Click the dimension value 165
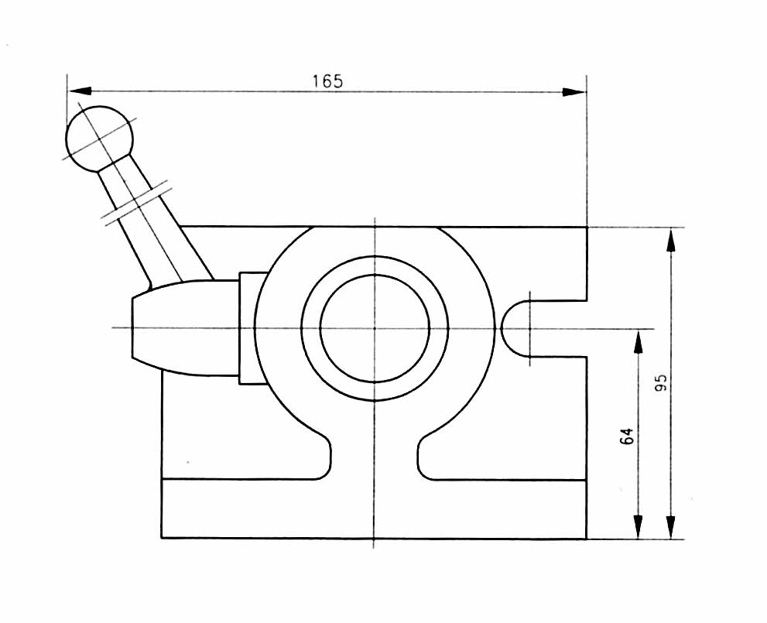(327, 81)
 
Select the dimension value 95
(660, 383)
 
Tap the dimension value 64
(627, 436)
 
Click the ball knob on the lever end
(100, 138)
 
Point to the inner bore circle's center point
(375, 328)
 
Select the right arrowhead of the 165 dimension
(574, 91)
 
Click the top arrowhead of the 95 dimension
(670, 240)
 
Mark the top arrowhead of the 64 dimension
(637, 341)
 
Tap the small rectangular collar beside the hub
(251, 328)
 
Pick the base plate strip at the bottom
(375, 508)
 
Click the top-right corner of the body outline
(587, 228)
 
